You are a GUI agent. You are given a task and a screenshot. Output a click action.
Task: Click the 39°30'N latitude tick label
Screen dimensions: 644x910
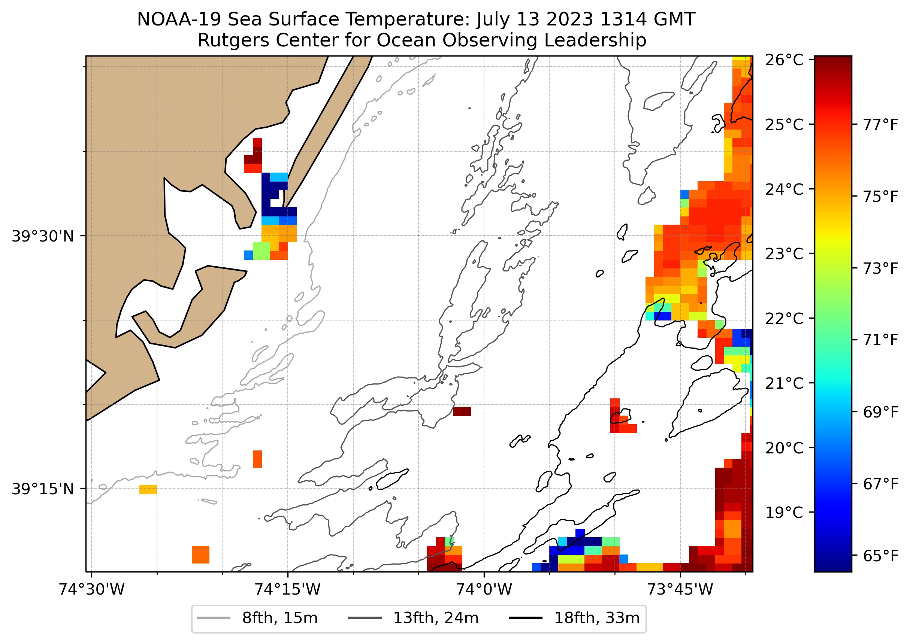click(43, 236)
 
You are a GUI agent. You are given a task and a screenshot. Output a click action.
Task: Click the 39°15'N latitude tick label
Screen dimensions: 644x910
click(43, 489)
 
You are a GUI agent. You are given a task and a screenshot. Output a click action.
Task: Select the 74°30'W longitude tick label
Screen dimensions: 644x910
click(92, 589)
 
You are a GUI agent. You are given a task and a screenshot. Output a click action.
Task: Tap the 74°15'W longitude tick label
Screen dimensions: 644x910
click(287, 589)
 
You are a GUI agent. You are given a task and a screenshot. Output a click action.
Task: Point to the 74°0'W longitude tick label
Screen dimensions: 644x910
click(484, 589)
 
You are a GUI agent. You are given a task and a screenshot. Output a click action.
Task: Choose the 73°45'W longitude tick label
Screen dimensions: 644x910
click(680, 589)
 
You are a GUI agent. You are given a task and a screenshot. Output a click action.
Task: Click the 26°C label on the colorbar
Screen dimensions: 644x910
click(784, 60)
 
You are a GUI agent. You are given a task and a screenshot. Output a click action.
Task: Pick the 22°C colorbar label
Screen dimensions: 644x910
click(784, 318)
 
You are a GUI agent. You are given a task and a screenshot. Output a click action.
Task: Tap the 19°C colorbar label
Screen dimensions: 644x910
click(784, 513)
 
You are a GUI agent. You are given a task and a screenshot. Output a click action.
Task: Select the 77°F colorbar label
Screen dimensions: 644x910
click(880, 125)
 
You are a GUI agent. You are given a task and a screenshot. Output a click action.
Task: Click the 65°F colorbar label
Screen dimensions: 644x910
click(880, 556)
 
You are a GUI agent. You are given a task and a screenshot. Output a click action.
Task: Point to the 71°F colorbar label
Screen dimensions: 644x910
click(880, 340)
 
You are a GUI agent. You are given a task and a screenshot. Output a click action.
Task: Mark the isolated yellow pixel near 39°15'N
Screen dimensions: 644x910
click(148, 489)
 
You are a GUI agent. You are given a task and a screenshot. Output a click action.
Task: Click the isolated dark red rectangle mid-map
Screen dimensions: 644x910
click(462, 411)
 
